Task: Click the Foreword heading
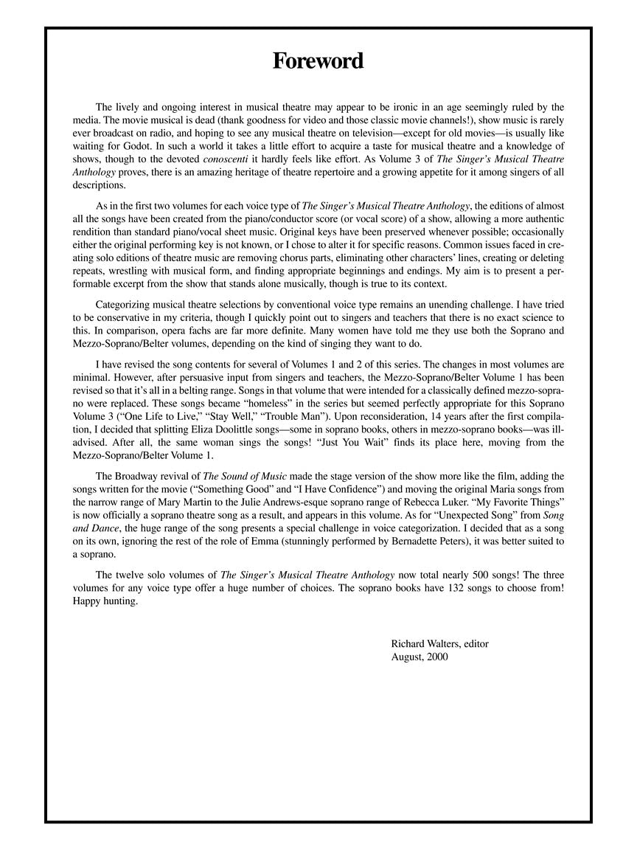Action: pyautogui.click(x=318, y=61)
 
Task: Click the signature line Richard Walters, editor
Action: pyautogui.click(x=439, y=644)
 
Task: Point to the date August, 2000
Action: pyautogui.click(x=420, y=657)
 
